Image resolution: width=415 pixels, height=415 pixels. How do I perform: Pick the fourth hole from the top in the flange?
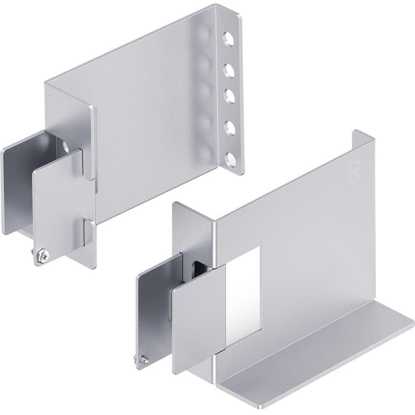227,127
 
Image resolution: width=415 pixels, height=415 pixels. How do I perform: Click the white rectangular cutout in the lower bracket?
245,290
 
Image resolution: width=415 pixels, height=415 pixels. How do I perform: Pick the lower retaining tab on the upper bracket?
89,233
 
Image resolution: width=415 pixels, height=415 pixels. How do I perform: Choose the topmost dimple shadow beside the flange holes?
202,35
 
